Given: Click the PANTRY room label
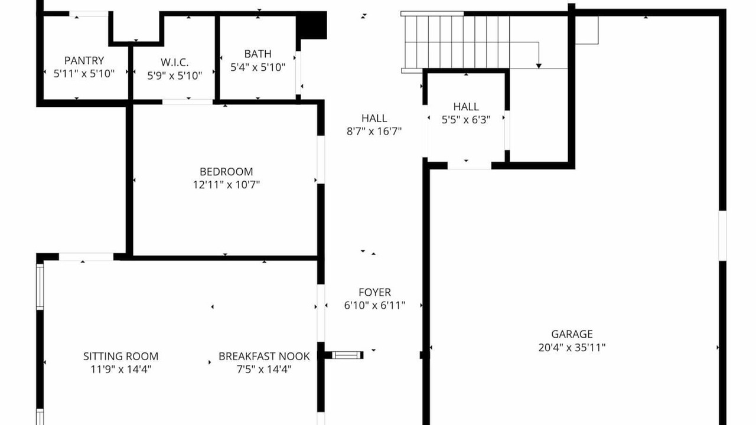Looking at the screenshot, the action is (x=84, y=61).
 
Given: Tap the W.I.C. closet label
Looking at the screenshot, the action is (x=174, y=63).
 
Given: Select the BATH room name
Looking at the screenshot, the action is (x=258, y=54).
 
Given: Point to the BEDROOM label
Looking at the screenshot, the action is (x=226, y=172).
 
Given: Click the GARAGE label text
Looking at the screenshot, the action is (x=572, y=334).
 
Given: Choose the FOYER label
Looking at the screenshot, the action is (x=374, y=292).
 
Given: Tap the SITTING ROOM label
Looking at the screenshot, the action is (x=121, y=356).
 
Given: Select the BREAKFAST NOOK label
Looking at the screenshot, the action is (x=264, y=356).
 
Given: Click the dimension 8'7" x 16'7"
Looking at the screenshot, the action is (x=374, y=131).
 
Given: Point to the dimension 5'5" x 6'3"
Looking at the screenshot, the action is (x=466, y=119).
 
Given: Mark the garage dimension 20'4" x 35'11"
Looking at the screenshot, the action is (x=572, y=348).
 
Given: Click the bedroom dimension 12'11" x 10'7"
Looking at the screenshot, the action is (x=226, y=185).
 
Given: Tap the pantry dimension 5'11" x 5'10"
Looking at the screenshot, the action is (x=84, y=74).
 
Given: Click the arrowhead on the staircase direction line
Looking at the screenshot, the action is (x=539, y=66).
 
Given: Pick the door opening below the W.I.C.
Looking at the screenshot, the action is (x=188, y=102).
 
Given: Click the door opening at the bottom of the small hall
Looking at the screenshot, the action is (x=470, y=166).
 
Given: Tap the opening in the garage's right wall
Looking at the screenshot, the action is (x=722, y=236).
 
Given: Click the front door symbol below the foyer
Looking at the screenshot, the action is (x=348, y=355).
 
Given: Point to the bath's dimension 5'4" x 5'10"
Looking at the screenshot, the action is (x=258, y=67).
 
